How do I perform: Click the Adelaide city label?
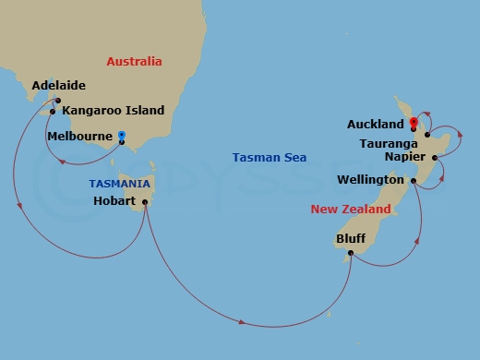58,86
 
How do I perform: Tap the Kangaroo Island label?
113,111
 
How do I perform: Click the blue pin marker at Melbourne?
122,138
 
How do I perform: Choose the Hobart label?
114,201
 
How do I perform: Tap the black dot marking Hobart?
146,201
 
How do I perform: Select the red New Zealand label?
350,210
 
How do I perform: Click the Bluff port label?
350,238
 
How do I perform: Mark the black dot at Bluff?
351,256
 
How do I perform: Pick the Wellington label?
370,180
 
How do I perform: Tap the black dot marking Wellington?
414,180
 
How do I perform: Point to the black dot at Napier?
435,157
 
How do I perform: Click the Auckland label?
376,124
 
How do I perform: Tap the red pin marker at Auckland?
414,122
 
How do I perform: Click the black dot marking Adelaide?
57,101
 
